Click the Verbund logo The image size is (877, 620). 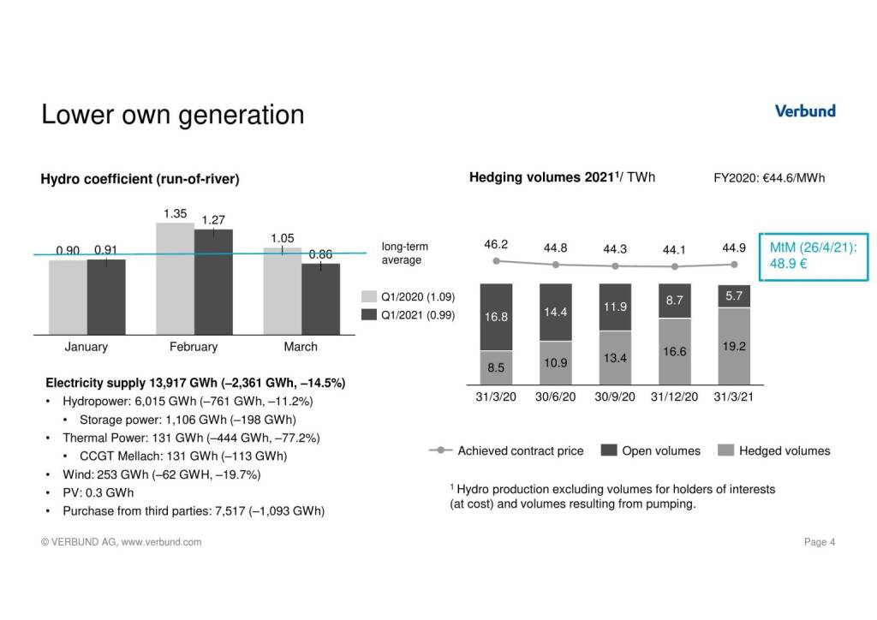point(804,111)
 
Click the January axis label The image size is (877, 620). point(87,347)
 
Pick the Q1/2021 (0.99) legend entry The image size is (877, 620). point(407,315)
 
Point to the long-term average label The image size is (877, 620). point(405,253)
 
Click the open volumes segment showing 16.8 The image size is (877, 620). point(497,317)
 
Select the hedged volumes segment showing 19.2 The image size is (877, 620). point(733,347)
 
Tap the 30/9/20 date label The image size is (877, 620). point(615,397)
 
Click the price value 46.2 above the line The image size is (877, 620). point(497,244)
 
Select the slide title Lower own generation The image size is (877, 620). point(172,115)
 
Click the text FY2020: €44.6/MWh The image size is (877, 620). point(768,178)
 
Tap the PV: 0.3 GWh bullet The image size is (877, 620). point(98,492)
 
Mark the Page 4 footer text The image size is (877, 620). point(820,542)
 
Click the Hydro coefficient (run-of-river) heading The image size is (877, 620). point(140,180)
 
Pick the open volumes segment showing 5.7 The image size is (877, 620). point(733,295)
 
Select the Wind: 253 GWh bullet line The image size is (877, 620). point(161,474)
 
